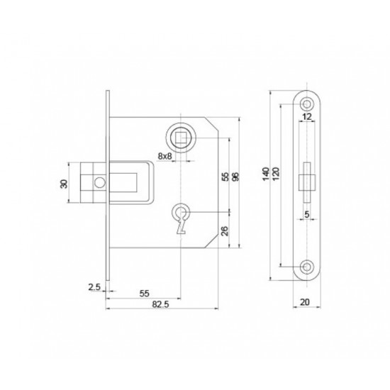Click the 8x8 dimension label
coord(165,156)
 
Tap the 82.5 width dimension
coord(160,304)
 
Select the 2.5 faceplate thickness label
coord(94,287)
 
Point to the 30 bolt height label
coord(64,184)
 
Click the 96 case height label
coord(235,177)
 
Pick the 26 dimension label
coord(224,231)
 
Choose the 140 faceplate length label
coord(266,174)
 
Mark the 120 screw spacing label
coord(276,174)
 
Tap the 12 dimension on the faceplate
coord(307,116)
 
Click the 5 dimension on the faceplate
coord(306,214)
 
